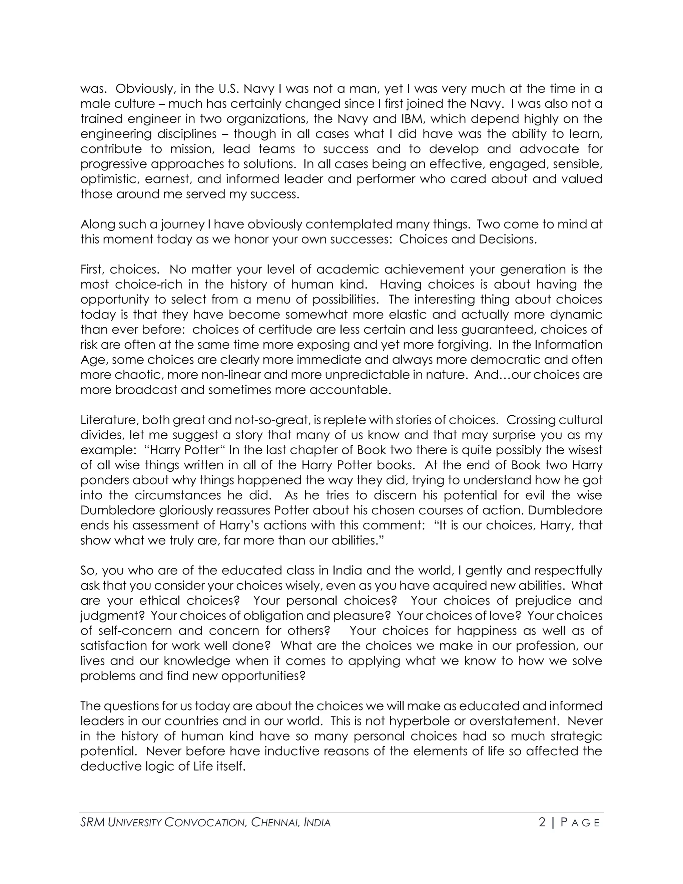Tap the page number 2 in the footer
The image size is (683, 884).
tap(542, 823)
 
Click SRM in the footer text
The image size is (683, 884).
tap(93, 823)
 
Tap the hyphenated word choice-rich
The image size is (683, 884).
tap(148, 285)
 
